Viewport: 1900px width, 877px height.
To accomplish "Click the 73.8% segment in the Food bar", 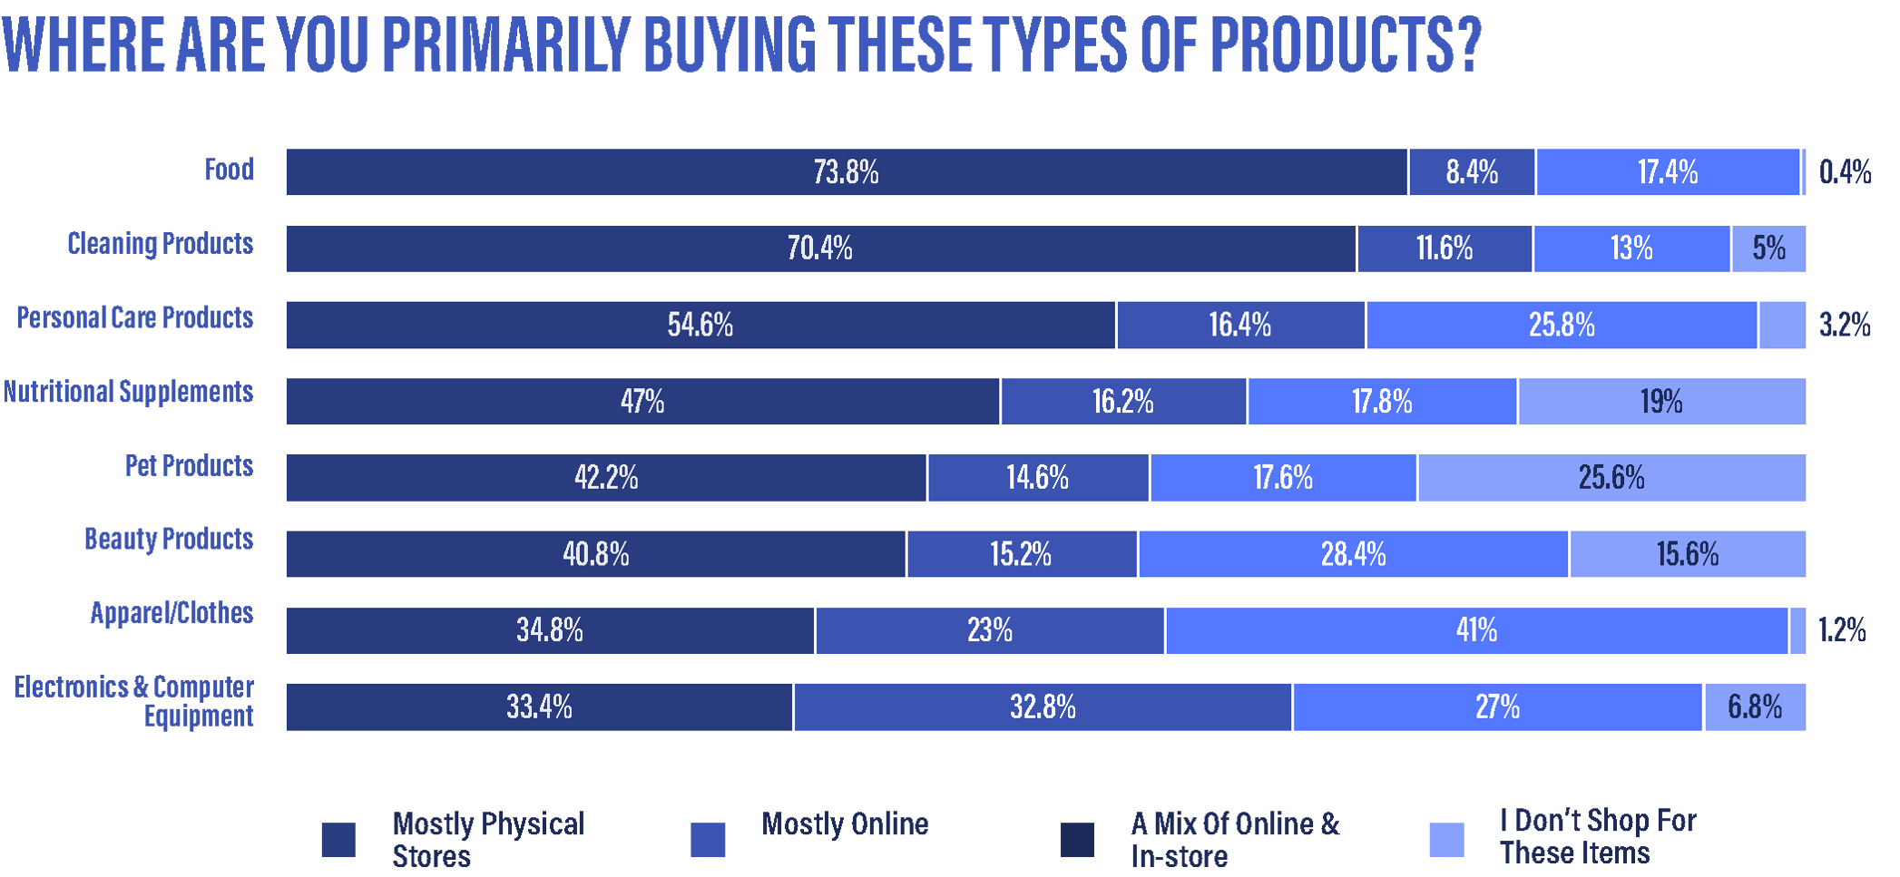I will pos(846,172).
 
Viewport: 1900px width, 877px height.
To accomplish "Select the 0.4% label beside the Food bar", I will pos(1846,172).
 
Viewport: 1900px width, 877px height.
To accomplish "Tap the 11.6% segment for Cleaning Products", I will pos(1445,248).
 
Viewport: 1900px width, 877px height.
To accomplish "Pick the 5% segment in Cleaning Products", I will pos(1768,248).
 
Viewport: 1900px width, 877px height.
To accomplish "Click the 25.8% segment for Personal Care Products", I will pos(1562,325).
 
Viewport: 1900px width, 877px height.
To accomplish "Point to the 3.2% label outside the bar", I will pos(1845,325).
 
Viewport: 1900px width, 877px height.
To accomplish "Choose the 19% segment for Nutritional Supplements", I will pos(1661,401).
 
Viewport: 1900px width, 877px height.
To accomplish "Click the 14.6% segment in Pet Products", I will pos(1037,477).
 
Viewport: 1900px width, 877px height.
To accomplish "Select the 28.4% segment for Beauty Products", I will pos(1353,554).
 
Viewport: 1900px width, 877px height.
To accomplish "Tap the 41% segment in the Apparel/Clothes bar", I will pos(1476,630).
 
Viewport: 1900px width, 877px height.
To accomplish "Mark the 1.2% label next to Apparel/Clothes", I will pos(1842,630).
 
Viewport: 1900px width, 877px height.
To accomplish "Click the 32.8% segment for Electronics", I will pos(1043,706).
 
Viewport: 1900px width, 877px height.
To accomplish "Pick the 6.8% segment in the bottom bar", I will pos(1755,706).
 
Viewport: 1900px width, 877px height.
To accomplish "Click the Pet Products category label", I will pos(189,465).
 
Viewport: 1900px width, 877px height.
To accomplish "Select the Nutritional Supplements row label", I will pos(128,392).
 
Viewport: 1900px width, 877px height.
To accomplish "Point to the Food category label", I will pos(229,170).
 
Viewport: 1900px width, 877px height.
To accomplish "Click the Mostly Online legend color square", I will pos(708,840).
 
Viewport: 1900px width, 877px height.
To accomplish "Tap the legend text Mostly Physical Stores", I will pos(487,840).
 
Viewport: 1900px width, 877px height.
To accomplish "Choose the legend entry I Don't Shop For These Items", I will pos(1597,837).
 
